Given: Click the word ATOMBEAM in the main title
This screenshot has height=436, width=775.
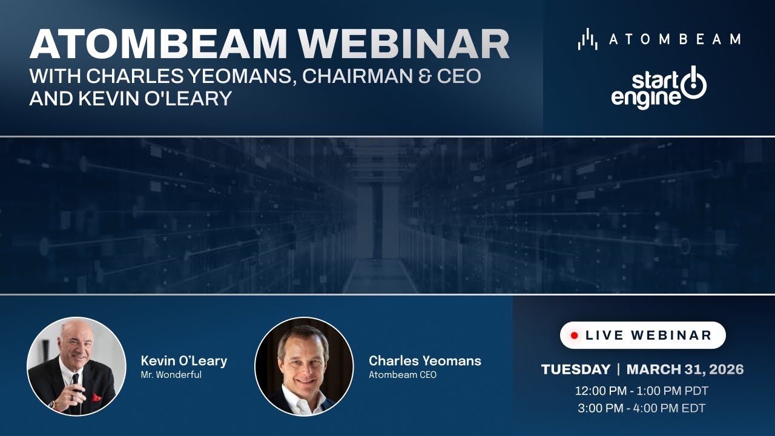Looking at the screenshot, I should [x=159, y=44].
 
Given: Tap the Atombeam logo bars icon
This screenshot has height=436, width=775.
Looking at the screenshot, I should [x=587, y=39].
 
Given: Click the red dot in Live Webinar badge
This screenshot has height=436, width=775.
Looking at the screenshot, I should [x=575, y=335].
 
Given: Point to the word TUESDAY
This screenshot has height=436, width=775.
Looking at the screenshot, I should [x=575, y=369].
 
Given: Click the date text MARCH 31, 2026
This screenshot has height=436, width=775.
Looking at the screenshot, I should [x=685, y=369].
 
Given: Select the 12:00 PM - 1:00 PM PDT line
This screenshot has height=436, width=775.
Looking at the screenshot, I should [x=642, y=391].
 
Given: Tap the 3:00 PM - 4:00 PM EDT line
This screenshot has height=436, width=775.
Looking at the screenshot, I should [x=642, y=408].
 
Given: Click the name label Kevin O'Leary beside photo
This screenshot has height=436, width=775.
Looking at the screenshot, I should [x=183, y=361].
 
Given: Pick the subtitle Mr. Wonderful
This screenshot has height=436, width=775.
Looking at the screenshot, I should [x=171, y=375].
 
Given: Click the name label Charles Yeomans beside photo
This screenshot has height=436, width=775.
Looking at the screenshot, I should [x=424, y=361].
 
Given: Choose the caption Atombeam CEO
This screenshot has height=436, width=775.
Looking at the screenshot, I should [x=402, y=375].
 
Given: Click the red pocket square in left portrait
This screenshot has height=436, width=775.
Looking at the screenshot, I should [x=96, y=398].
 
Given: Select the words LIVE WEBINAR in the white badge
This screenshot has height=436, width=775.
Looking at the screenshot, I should [x=648, y=335].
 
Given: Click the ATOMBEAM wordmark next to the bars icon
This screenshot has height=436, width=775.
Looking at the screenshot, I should [x=674, y=39].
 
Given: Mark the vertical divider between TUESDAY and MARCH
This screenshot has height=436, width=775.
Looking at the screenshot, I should [x=618, y=369].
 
